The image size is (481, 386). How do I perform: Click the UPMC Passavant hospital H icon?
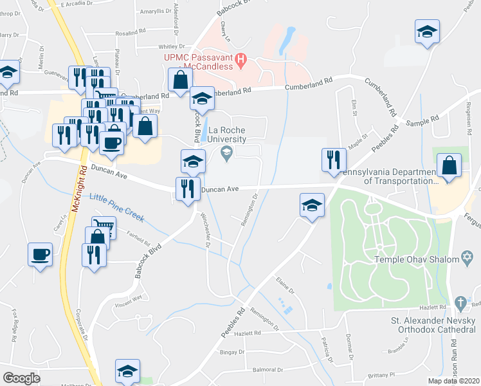[241, 61]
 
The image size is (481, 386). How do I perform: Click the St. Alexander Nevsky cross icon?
[460, 302]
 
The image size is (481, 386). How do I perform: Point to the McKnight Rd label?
[84, 183]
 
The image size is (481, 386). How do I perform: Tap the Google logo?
[21, 378]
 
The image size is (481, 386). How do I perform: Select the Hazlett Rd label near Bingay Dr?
[248, 333]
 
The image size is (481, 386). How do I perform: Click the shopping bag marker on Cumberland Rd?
[181, 80]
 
